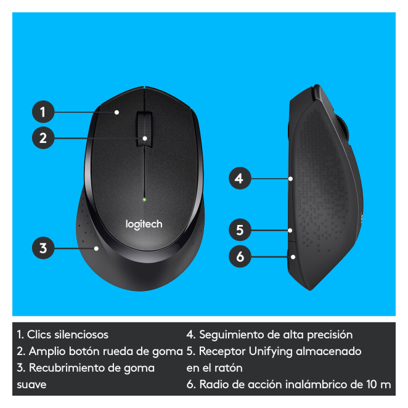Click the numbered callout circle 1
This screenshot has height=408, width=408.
(43, 112)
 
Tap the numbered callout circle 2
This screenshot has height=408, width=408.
(43, 137)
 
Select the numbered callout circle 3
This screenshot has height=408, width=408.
(43, 248)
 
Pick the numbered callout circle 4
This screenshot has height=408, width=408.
(240, 178)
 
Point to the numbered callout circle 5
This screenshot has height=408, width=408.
(240, 230)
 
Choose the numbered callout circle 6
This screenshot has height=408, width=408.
(240, 256)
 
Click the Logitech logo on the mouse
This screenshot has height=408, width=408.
(144, 224)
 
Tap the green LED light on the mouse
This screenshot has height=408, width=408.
(144, 200)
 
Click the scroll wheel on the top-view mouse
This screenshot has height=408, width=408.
(144, 129)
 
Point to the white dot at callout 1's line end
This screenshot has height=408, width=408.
(117, 112)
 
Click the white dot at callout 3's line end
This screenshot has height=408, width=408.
(96, 248)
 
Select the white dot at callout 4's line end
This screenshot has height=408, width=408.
(291, 179)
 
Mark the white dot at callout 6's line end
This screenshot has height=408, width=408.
(293, 257)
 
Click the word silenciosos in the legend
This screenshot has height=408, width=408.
(81, 335)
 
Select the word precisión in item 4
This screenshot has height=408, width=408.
(330, 335)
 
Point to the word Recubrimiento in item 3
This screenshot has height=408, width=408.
(67, 368)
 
